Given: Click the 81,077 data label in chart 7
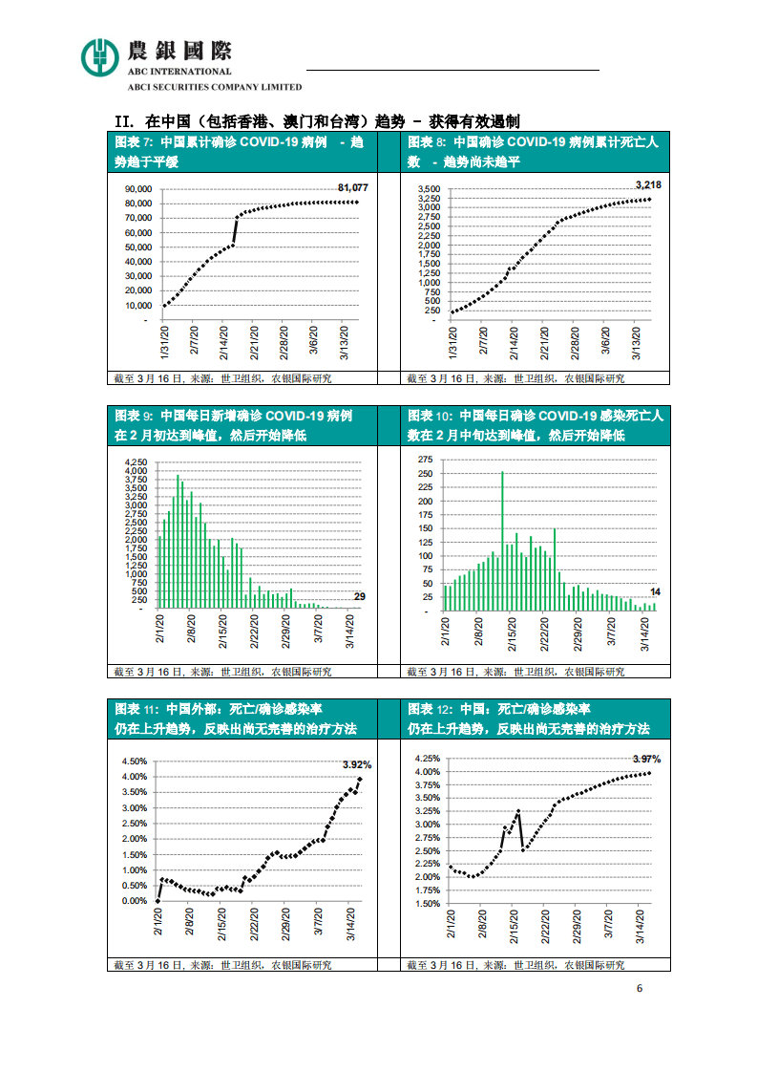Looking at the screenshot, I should pos(352,188).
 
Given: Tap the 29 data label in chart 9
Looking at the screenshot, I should pos(359,597).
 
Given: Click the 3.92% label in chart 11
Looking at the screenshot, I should pos(356,764).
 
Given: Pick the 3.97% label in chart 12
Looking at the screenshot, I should pos(646,759).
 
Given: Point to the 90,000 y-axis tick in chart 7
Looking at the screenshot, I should pos(138,189).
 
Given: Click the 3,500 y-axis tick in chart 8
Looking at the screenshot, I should pos(429,189).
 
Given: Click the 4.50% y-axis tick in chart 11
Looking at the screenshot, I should pos(134,761).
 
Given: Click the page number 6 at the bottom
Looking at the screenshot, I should pos(640,988).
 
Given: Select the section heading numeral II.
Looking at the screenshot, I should pos(122,121).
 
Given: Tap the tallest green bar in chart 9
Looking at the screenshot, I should pos(178,542).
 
